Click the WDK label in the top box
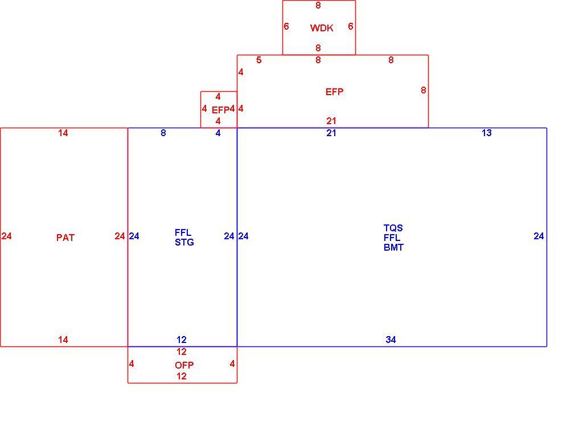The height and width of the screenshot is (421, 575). (x=322, y=28)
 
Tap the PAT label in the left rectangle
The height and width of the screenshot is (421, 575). (x=65, y=238)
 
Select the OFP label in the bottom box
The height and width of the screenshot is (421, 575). (x=184, y=365)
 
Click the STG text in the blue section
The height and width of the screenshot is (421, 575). (x=184, y=242)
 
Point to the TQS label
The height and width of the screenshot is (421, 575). (x=393, y=228)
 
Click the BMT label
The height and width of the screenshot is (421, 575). (x=393, y=247)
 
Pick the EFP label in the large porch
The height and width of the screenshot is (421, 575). (x=334, y=92)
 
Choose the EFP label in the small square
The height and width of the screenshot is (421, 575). (x=220, y=110)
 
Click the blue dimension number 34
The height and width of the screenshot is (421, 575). (x=391, y=340)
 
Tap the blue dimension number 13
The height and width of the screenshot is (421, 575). (x=486, y=133)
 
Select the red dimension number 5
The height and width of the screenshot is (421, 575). (x=259, y=60)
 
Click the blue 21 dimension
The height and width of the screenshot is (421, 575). (x=331, y=133)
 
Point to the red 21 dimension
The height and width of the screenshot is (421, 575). (x=331, y=121)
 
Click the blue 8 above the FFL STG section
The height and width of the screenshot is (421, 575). (x=163, y=133)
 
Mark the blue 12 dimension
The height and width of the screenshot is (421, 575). (x=182, y=340)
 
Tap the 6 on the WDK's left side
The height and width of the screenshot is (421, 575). (x=286, y=26)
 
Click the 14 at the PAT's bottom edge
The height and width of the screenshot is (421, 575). (x=63, y=340)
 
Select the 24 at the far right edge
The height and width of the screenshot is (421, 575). (x=539, y=236)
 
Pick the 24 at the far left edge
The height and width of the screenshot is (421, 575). (x=7, y=236)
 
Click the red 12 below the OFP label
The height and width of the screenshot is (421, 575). (x=182, y=376)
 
